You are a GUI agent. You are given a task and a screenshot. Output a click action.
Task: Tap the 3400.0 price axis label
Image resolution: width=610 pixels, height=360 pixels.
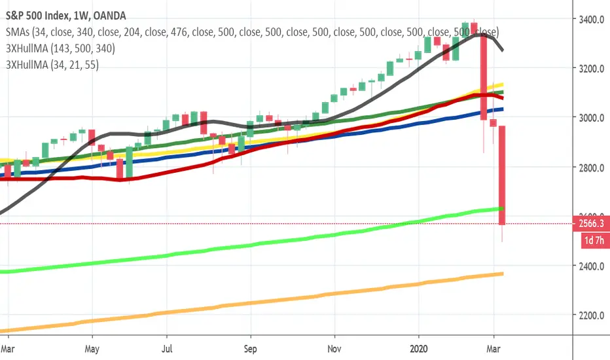(592, 19)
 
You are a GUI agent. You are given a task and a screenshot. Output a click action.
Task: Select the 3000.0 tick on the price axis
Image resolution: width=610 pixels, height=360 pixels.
(592, 118)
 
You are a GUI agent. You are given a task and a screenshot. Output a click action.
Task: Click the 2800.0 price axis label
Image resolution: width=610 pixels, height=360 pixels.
(592, 168)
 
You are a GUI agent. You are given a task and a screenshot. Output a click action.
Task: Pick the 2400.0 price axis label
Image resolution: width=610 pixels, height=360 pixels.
(592, 266)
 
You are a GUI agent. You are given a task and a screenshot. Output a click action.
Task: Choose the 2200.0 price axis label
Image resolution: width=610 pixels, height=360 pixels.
(592, 315)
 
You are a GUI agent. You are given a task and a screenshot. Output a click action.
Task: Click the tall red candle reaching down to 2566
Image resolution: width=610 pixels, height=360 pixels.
(501, 173)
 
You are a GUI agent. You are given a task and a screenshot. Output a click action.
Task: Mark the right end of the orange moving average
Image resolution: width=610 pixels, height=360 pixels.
(502, 274)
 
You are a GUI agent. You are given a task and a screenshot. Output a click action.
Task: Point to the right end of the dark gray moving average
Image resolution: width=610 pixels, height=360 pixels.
(502, 50)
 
